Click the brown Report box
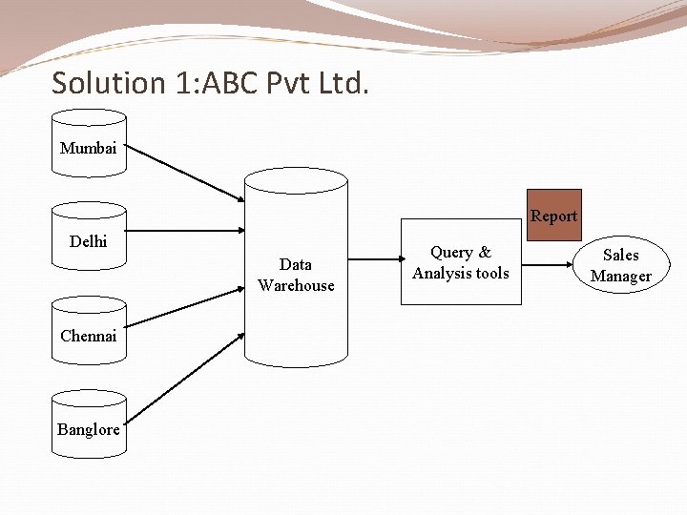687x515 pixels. coord(553,216)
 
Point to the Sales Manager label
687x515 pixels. coord(620,265)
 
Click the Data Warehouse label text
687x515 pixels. coord(296,275)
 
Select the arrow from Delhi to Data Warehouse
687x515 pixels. coord(185,230)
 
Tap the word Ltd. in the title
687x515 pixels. coord(341,83)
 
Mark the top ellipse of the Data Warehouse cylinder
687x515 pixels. coord(296,180)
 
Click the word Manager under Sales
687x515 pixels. coord(620,277)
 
